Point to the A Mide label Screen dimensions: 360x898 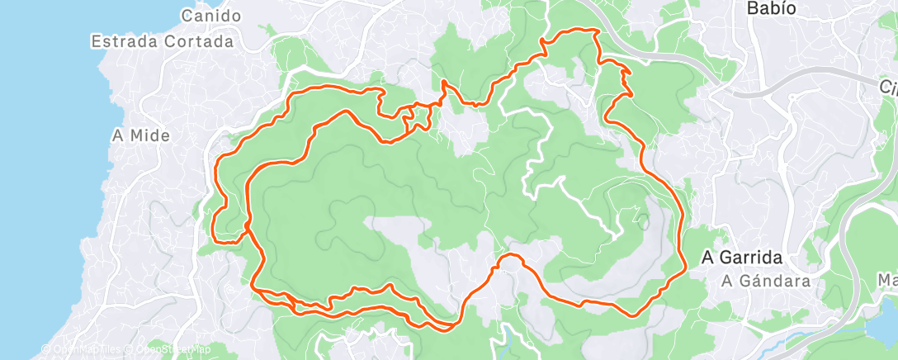pos(139,135)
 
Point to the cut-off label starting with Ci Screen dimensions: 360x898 pos(888,88)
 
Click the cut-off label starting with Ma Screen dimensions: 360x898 pos(889,280)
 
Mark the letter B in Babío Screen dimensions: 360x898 pos(752,9)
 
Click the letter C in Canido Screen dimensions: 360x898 pos(187,16)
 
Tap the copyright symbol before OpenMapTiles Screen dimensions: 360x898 pos(46,349)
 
